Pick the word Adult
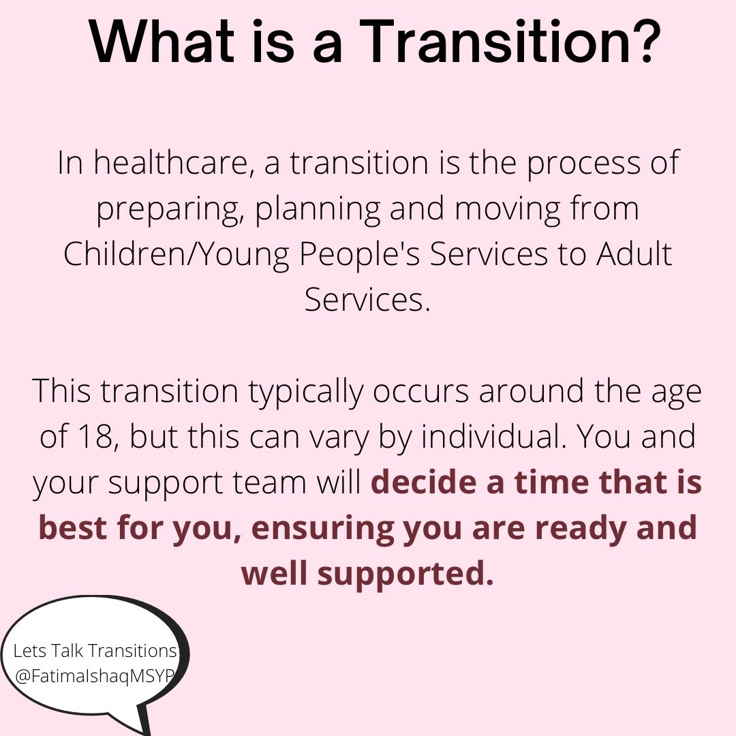(634, 254)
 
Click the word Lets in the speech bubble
(29, 651)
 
